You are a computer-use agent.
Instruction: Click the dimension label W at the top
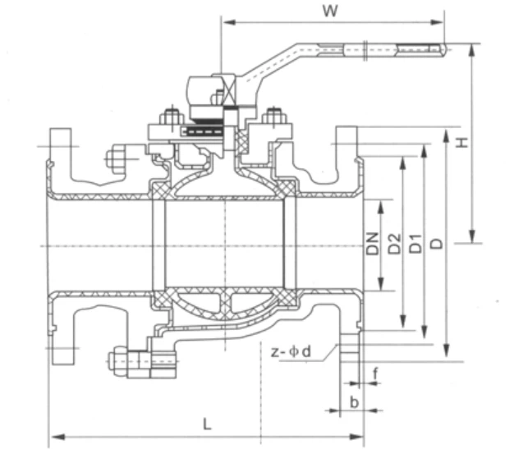[x=331, y=11]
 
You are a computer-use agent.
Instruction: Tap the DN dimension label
[x=373, y=244]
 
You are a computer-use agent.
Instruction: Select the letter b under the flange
[x=353, y=401]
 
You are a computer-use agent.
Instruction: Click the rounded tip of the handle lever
[x=443, y=51]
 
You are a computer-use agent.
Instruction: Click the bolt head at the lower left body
[x=118, y=359]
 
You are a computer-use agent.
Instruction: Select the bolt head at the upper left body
[x=114, y=157]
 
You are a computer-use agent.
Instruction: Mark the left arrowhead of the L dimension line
[x=54, y=436]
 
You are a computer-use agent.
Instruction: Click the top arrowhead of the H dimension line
[x=472, y=48]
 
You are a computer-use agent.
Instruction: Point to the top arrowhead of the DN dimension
[x=379, y=203]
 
